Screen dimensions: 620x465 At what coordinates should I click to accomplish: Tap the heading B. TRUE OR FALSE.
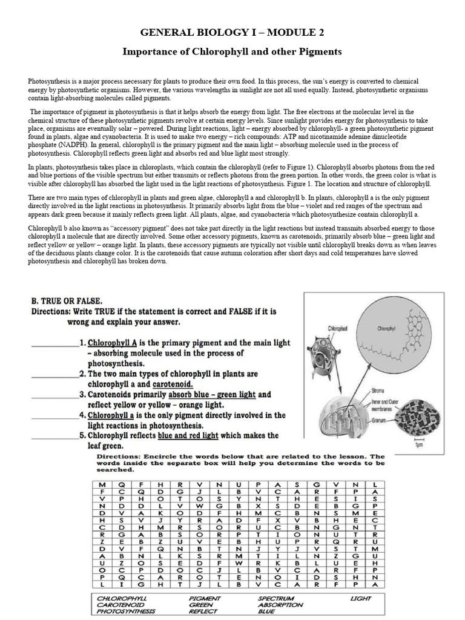point(67,300)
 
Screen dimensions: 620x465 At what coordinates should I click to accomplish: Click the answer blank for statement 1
point(54,343)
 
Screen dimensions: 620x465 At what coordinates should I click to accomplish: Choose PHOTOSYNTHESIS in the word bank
point(127,612)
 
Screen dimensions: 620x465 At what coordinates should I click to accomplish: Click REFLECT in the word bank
point(203,612)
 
